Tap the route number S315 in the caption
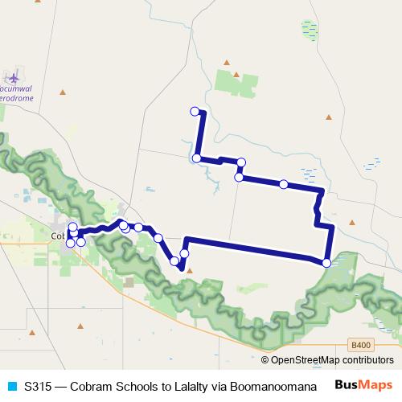click(37, 387)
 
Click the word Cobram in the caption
click(88, 387)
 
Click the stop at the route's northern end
click(194, 111)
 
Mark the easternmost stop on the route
click(326, 263)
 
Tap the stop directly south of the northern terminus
click(197, 158)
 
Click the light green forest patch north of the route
click(236, 83)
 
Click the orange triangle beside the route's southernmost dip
click(190, 271)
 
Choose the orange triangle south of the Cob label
click(82, 328)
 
